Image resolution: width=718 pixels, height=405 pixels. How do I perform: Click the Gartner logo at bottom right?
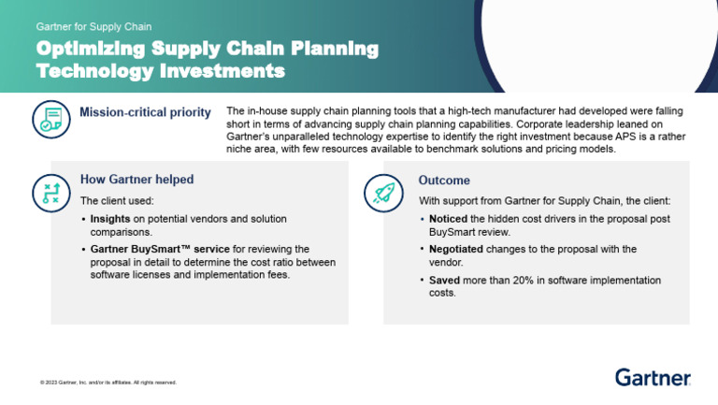[653, 377]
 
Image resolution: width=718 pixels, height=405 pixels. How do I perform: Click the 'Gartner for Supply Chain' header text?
[93, 26]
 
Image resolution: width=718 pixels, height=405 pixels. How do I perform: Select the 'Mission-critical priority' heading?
[145, 113]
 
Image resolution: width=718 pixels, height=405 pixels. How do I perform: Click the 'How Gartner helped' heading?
[136, 179]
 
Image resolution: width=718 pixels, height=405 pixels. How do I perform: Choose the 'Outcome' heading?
[444, 180]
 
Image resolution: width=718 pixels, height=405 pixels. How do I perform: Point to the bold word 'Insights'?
[109, 219]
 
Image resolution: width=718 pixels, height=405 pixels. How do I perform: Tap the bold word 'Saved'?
[445, 281]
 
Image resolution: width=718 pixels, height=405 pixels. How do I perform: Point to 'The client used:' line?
[117, 200]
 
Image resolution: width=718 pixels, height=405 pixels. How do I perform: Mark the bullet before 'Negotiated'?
[422, 250]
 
